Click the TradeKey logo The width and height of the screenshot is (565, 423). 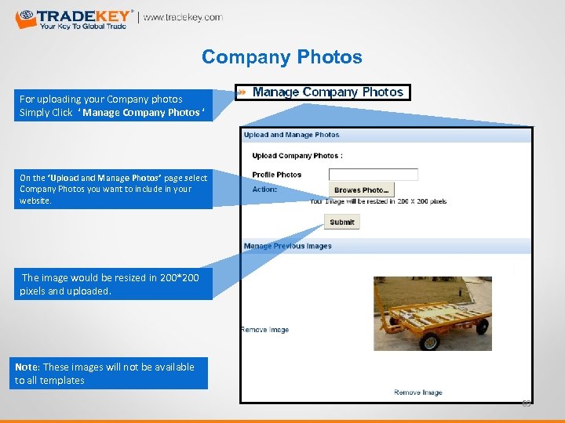pyautogui.click(x=75, y=18)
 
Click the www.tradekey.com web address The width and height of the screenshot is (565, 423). pyautogui.click(x=182, y=17)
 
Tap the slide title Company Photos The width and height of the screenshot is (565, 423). pyautogui.click(x=282, y=57)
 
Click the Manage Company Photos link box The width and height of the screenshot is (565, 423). pyautogui.click(x=327, y=92)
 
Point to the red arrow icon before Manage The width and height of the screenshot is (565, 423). pyautogui.click(x=242, y=92)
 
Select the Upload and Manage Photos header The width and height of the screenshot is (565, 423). pyautogui.click(x=291, y=135)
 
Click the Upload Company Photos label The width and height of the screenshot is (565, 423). pyautogui.click(x=297, y=156)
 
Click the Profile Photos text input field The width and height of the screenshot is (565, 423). pyautogui.click(x=373, y=175)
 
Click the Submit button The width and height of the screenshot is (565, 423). pyautogui.click(x=341, y=222)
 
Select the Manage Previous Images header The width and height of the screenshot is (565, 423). pyautogui.click(x=287, y=246)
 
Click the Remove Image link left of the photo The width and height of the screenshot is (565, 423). pyautogui.click(x=264, y=330)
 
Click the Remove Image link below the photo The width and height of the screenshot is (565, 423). pyautogui.click(x=417, y=392)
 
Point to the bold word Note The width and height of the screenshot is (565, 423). pyautogui.click(x=26, y=367)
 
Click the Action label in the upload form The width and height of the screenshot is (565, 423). pyautogui.click(x=264, y=190)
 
